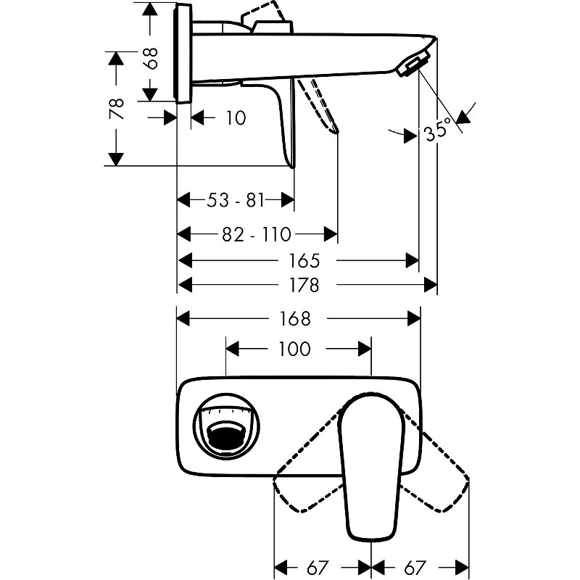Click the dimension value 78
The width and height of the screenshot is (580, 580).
click(116, 109)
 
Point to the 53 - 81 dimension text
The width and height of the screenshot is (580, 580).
click(236, 199)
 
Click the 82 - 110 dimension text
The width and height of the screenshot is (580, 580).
click(257, 234)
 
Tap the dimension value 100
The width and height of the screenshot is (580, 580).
click(294, 349)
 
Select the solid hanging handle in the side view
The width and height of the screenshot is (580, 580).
click(285, 123)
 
